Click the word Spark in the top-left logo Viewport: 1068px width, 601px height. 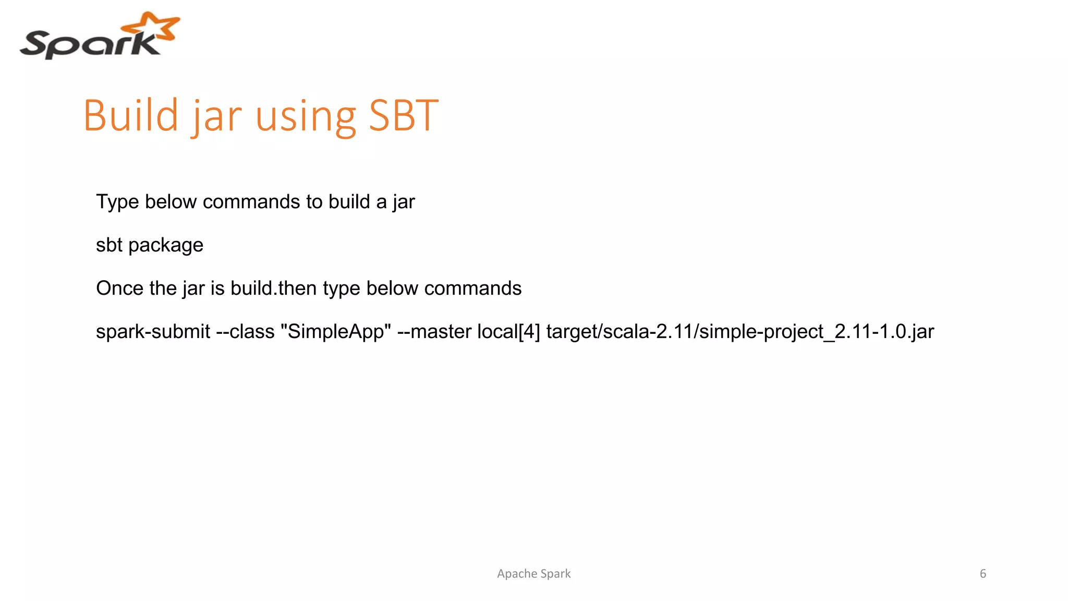point(89,44)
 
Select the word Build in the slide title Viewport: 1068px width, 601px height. point(131,115)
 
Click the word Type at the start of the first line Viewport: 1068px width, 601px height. point(117,202)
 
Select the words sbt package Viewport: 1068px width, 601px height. point(150,245)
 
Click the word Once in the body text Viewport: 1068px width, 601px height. point(119,289)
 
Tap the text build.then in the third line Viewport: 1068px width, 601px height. point(273,289)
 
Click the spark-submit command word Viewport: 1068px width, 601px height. point(153,332)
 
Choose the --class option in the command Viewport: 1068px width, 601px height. point(245,332)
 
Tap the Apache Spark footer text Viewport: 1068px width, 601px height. point(533,574)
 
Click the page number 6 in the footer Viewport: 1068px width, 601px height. point(982,574)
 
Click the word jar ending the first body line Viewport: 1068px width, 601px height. point(404,202)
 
